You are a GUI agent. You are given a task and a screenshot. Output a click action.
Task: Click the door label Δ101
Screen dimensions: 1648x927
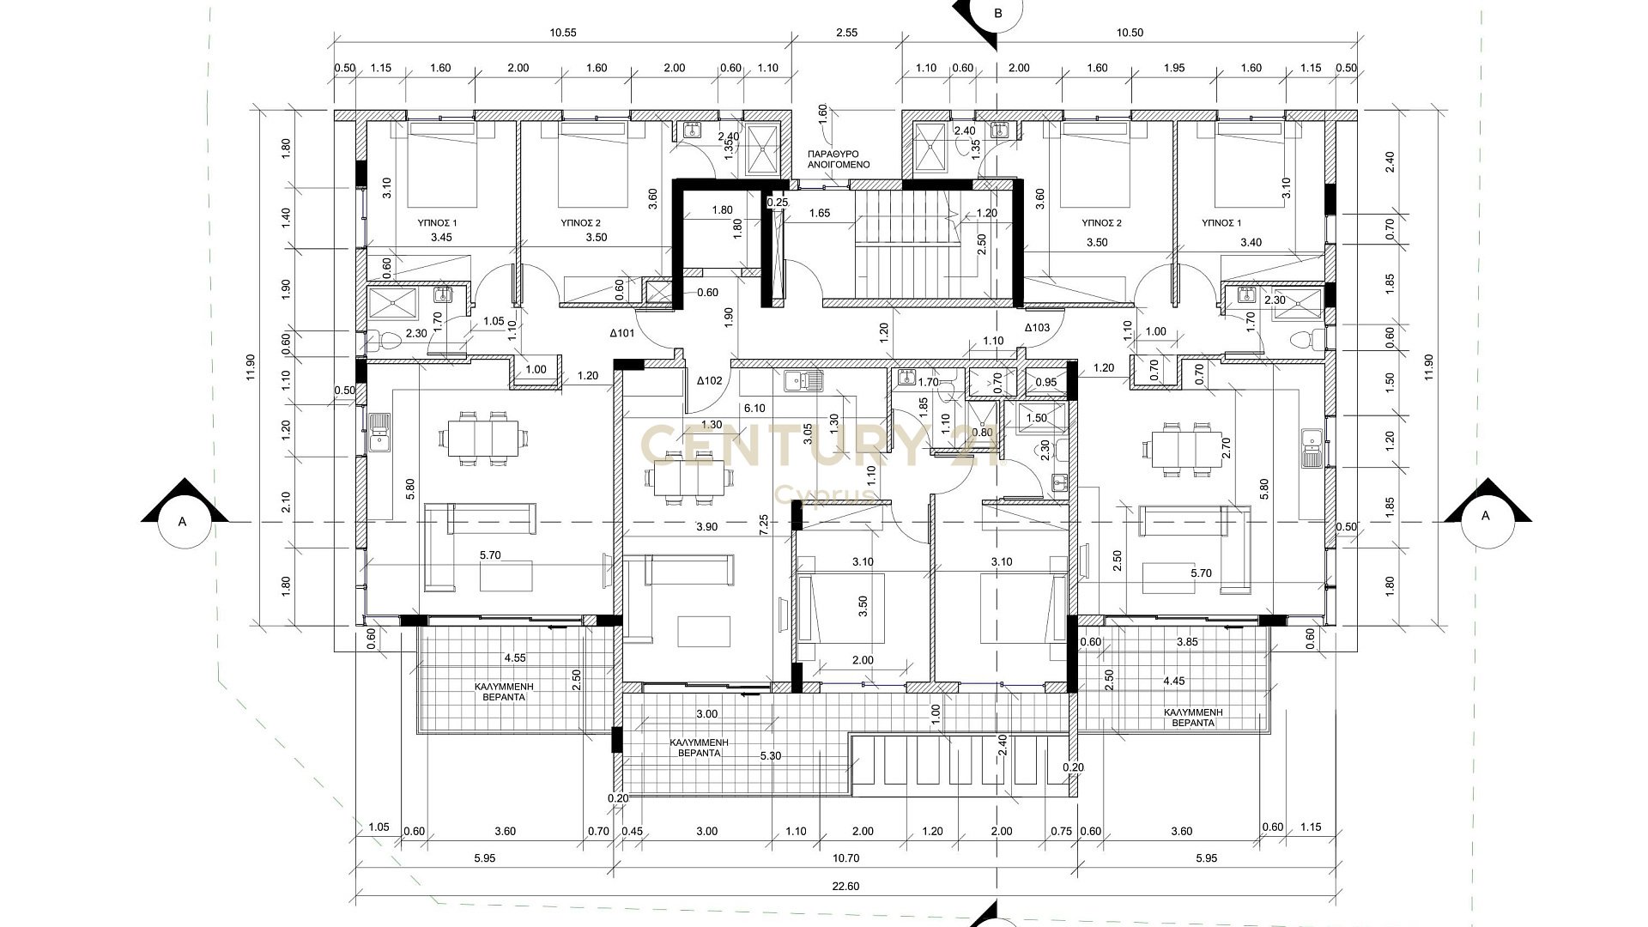point(621,333)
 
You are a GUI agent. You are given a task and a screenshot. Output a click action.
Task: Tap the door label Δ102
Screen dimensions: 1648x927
point(710,380)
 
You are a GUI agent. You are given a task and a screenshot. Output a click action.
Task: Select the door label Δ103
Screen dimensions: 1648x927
point(1037,327)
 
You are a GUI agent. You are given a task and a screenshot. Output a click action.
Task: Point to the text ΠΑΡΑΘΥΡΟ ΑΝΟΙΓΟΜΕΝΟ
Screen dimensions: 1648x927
point(839,159)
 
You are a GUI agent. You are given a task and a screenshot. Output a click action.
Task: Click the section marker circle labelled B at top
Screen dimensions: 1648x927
point(997,13)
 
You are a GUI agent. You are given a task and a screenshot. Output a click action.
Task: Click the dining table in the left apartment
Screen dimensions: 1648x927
point(481,439)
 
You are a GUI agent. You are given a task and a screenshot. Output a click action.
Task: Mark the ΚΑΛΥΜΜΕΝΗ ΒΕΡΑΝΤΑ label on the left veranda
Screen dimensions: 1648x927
point(505,692)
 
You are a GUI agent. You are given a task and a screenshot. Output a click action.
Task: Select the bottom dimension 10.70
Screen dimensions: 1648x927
point(846,857)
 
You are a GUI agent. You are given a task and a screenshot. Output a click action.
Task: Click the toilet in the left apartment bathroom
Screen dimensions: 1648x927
point(385,342)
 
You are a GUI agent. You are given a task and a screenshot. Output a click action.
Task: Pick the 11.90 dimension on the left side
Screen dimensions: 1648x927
point(251,367)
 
